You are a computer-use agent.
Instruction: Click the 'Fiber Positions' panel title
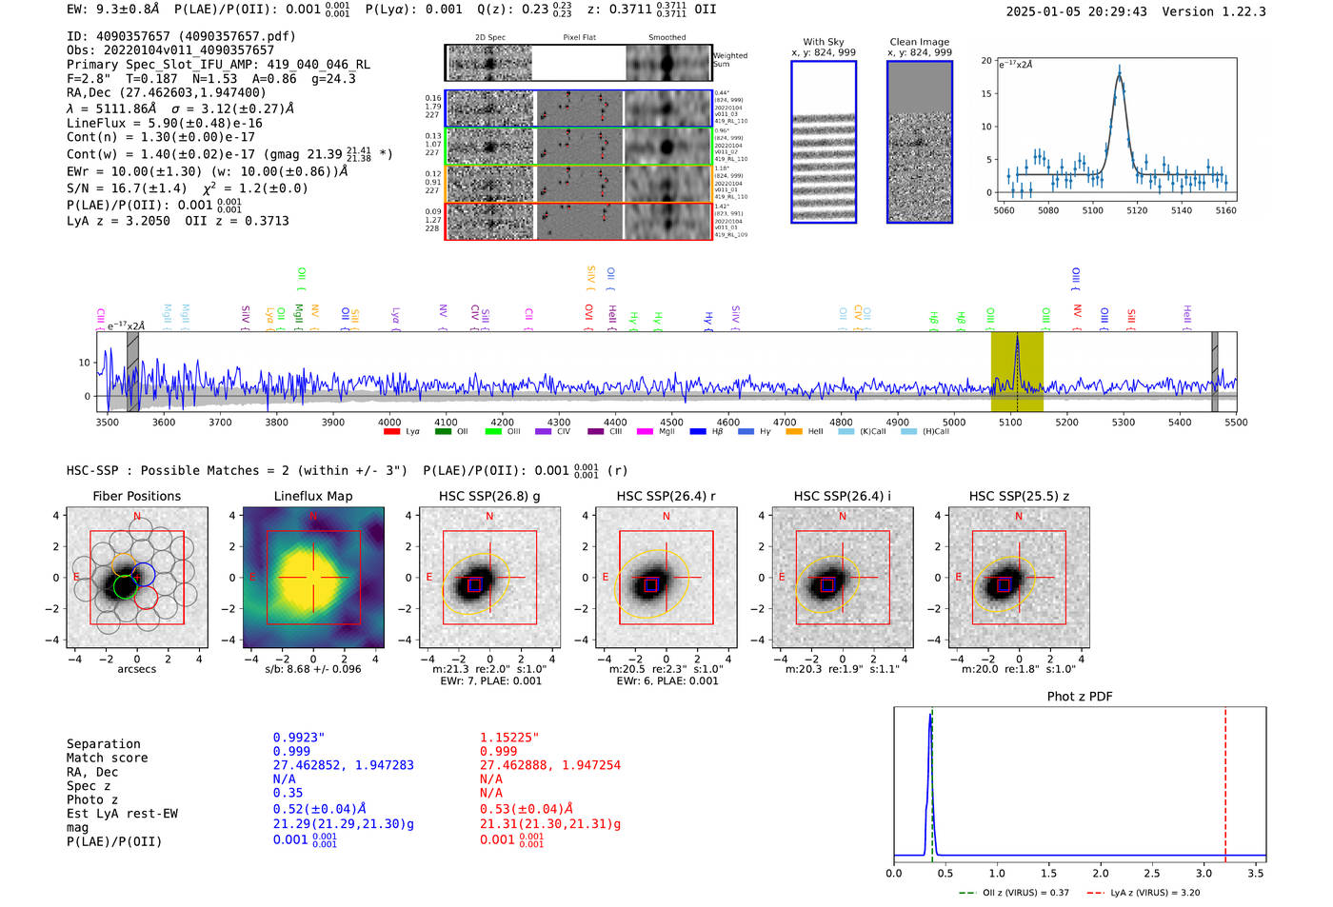click(x=136, y=496)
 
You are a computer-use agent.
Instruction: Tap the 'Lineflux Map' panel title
click(x=312, y=496)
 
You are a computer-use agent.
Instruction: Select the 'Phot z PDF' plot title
click(x=1079, y=697)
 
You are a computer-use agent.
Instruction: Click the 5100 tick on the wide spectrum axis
click(x=1010, y=422)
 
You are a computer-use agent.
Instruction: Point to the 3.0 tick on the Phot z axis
click(x=1204, y=873)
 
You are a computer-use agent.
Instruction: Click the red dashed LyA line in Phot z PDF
click(x=1225, y=780)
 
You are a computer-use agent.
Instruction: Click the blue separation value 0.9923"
click(x=298, y=738)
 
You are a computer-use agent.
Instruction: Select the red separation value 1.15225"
click(x=508, y=738)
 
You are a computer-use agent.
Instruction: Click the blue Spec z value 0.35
click(x=288, y=793)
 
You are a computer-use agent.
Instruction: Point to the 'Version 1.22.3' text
click(x=1214, y=11)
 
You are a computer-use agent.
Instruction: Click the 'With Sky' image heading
click(x=823, y=42)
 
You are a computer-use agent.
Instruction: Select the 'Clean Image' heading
click(x=919, y=42)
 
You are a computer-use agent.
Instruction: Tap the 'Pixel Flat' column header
click(x=579, y=37)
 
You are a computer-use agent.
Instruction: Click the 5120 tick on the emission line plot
click(x=1137, y=210)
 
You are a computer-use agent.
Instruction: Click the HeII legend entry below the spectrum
click(x=815, y=432)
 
